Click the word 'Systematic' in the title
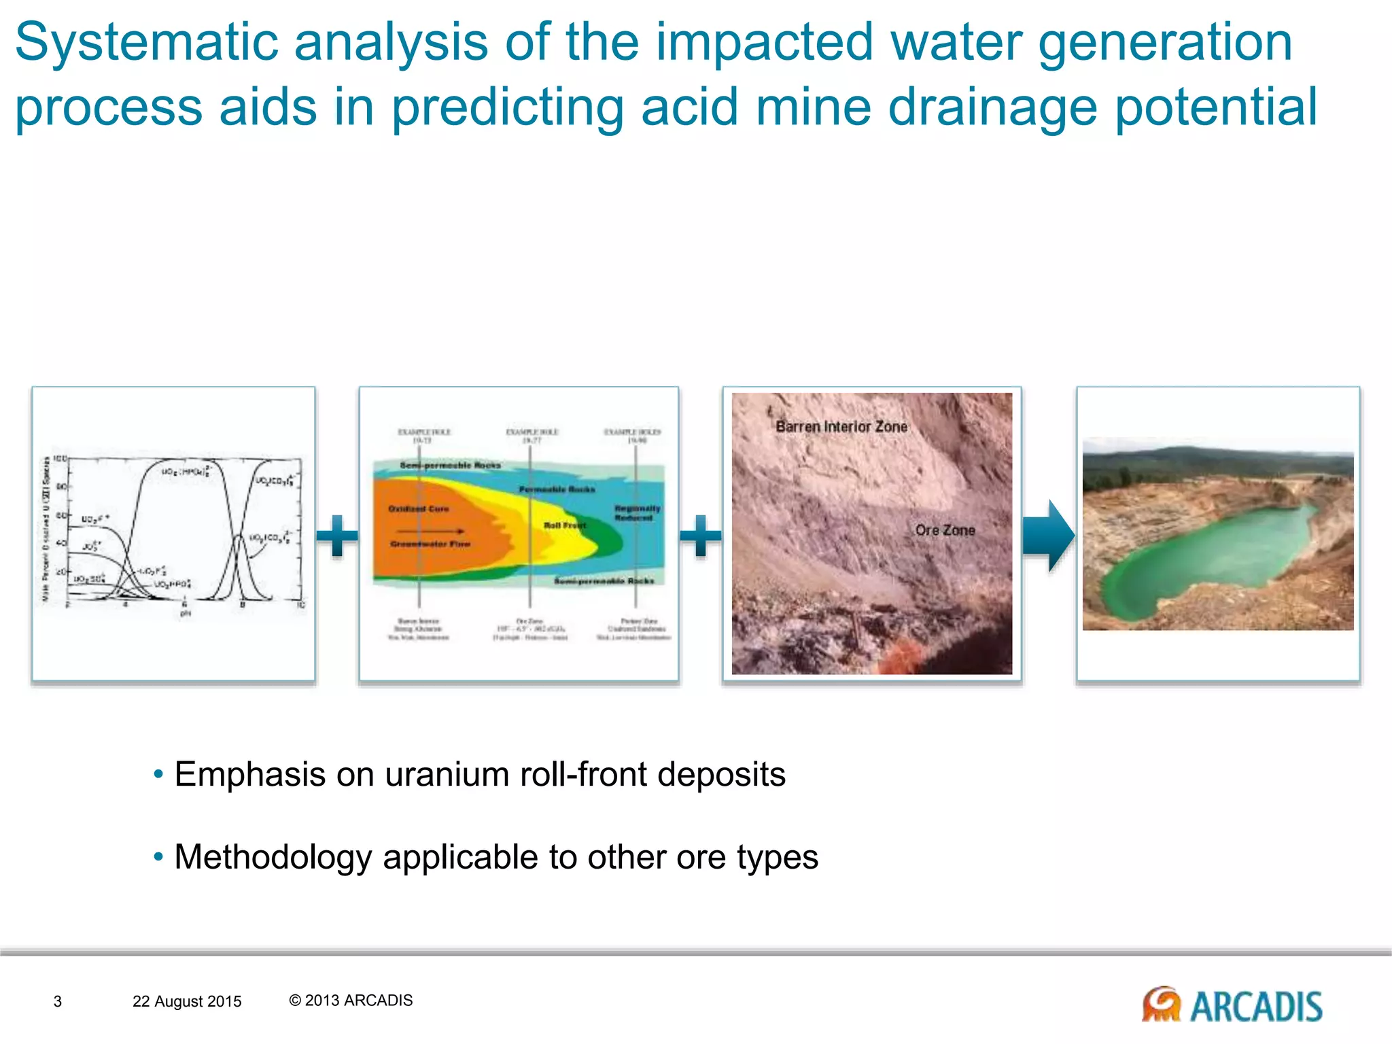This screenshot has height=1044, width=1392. pos(146,42)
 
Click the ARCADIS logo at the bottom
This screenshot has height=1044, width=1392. pos(1232,1005)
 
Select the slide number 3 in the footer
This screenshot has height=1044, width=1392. pos(58,1001)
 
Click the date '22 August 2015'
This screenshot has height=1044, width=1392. pos(187,1001)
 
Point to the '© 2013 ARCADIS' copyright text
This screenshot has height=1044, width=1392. pos(351,1000)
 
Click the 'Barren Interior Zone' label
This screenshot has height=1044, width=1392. pos(841,427)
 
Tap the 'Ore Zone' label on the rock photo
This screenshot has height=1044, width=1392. pos(945,530)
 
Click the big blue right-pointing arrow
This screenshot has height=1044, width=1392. pos(1048,536)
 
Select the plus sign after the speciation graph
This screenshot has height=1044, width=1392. pos(337,536)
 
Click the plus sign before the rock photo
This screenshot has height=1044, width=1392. pos(700,536)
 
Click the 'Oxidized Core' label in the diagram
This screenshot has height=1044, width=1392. pos(419,508)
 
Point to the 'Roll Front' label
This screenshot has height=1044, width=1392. pos(565,525)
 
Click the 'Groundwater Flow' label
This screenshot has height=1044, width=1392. pos(430,544)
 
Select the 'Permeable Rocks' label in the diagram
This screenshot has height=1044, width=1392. pos(557,489)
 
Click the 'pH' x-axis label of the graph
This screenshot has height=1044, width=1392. pos(185,613)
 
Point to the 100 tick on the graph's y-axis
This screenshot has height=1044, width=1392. pos(60,459)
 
